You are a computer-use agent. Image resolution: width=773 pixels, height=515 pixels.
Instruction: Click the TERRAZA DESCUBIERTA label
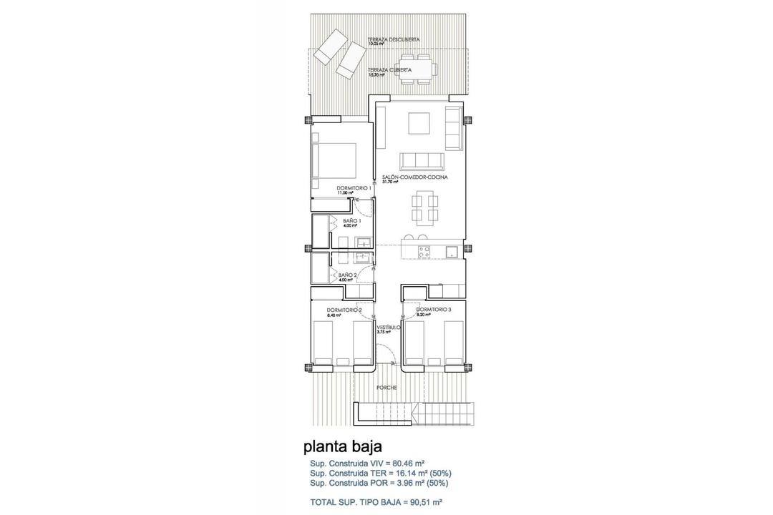pyautogui.click(x=393, y=39)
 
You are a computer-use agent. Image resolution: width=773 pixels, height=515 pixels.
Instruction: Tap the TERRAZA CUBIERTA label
pyautogui.click(x=389, y=69)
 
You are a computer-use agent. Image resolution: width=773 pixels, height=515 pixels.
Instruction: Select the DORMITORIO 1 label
pyautogui.click(x=353, y=188)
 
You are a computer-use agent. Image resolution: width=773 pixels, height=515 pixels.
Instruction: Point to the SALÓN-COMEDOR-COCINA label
pyautogui.click(x=405, y=177)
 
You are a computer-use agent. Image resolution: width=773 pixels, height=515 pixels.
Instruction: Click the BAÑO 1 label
pyautogui.click(x=352, y=221)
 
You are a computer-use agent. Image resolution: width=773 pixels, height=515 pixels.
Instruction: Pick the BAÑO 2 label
pyautogui.click(x=347, y=274)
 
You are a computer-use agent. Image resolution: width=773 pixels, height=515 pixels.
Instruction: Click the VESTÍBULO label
pyautogui.click(x=389, y=327)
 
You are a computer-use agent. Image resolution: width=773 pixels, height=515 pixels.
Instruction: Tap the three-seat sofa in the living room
pyautogui.click(x=422, y=160)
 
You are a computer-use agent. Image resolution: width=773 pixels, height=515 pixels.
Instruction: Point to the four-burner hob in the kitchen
pyautogui.click(x=424, y=251)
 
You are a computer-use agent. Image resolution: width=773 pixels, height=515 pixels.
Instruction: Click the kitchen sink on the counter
pyautogui.click(x=451, y=251)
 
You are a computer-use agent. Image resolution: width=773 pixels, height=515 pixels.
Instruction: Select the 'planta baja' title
pyautogui.click(x=338, y=447)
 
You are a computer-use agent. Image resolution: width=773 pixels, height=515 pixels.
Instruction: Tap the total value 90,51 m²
pyautogui.click(x=421, y=501)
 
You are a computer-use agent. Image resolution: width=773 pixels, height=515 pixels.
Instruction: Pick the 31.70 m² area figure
pyautogui.click(x=390, y=182)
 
